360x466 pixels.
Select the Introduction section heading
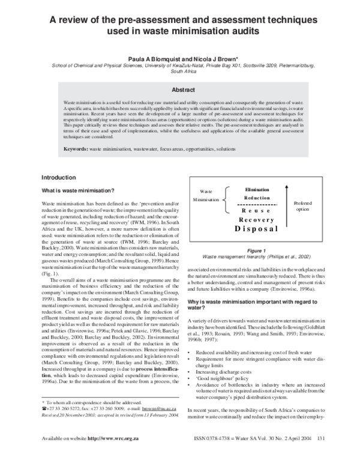(58, 178)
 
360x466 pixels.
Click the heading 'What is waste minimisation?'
(78, 190)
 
